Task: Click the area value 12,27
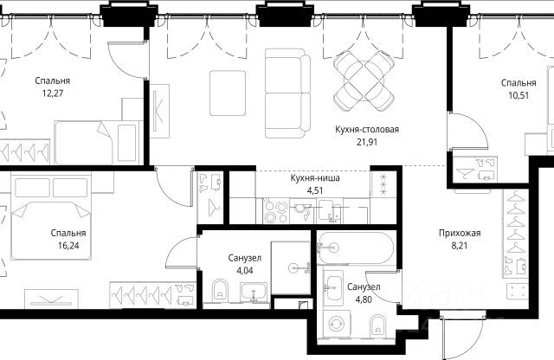(53, 93)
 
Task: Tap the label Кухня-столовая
(367, 129)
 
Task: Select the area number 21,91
(367, 142)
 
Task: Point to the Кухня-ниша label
(315, 178)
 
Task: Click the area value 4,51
(315, 190)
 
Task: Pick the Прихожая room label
(460, 233)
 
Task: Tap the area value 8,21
(460, 246)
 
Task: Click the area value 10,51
(519, 95)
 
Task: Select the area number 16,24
(68, 246)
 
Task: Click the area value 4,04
(245, 271)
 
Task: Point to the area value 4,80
(364, 300)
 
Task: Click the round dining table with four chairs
(364, 80)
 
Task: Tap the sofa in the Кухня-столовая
(287, 93)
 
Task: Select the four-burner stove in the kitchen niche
(276, 212)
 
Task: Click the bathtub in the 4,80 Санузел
(355, 248)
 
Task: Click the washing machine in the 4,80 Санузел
(337, 324)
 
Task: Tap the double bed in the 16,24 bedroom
(51, 215)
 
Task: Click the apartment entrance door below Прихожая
(462, 334)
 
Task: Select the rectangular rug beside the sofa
(228, 93)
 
